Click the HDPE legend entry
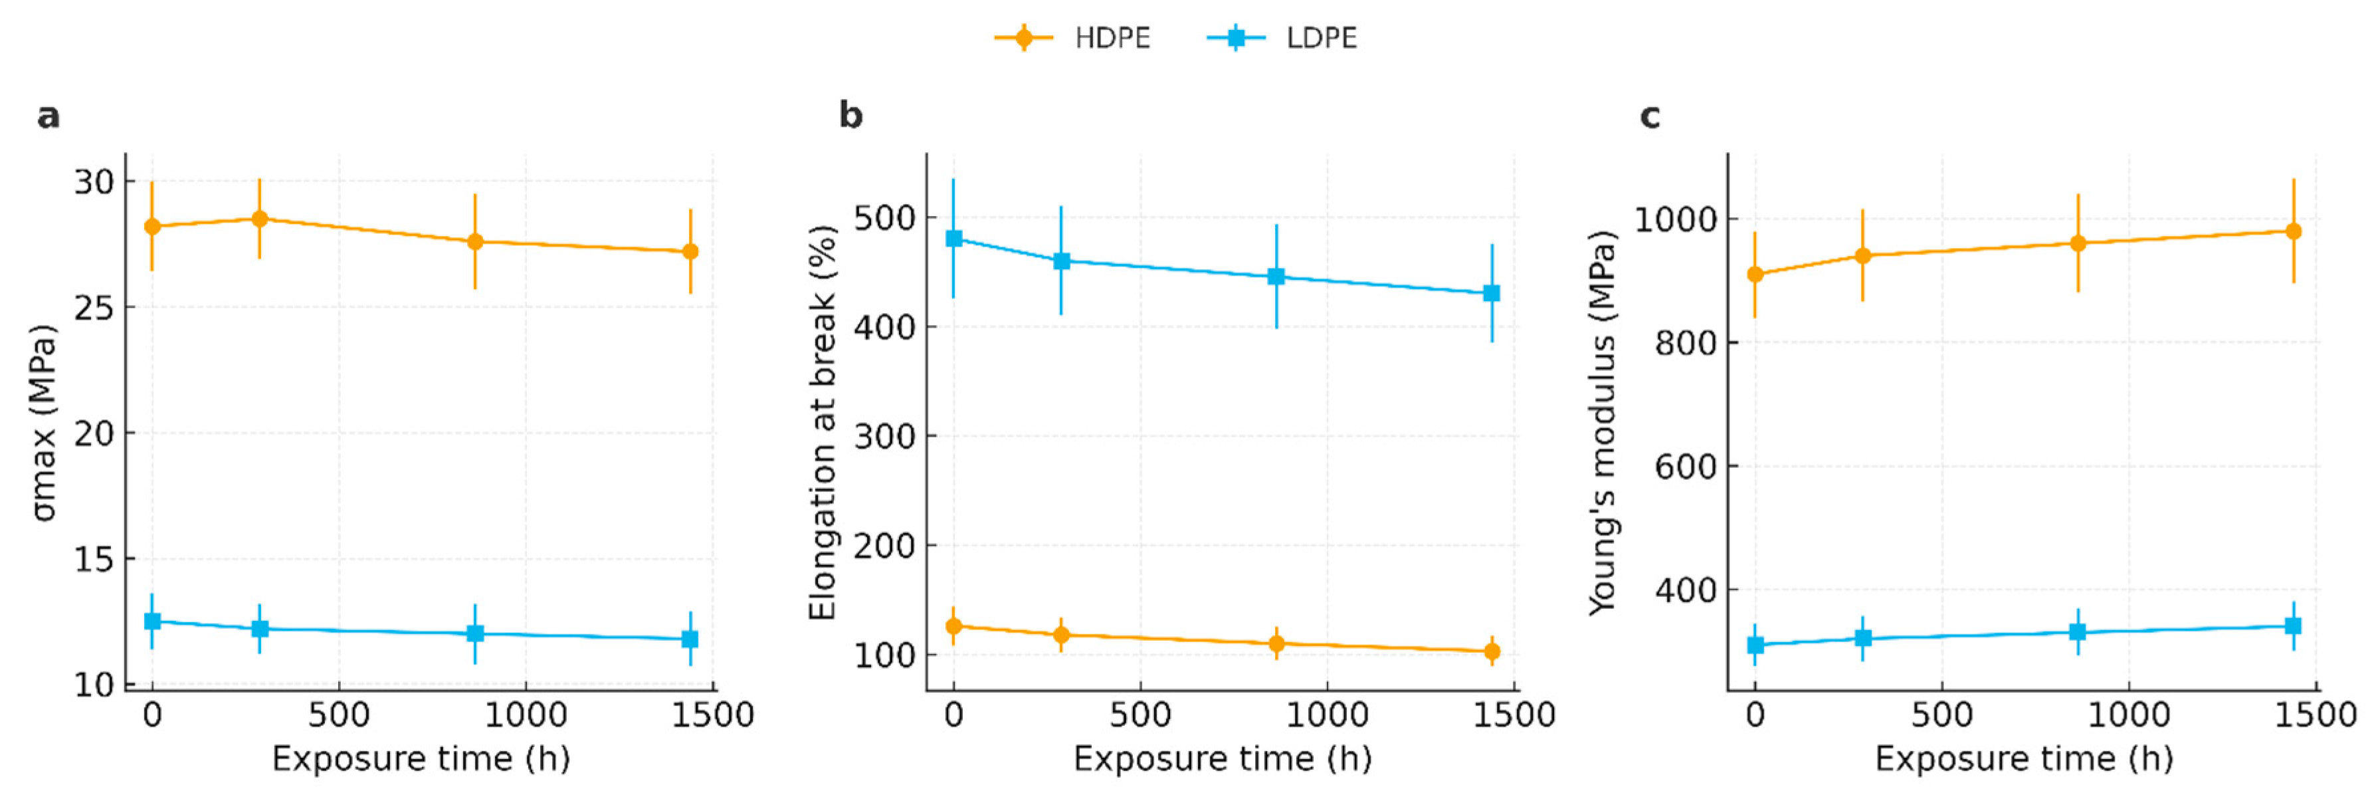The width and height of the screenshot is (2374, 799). click(1074, 38)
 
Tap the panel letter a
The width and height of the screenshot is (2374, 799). click(48, 116)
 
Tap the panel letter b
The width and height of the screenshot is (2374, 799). click(850, 116)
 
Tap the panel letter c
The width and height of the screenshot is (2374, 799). click(1650, 116)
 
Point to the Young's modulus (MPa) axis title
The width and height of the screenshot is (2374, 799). click(1602, 422)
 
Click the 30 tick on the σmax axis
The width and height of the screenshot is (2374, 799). click(95, 181)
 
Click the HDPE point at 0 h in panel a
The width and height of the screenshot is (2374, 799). click(153, 226)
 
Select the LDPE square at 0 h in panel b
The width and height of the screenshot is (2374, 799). click(954, 239)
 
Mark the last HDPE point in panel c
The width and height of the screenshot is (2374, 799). click(2294, 231)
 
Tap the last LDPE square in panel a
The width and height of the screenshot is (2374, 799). click(690, 639)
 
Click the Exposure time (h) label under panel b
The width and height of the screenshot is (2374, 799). click(1222, 758)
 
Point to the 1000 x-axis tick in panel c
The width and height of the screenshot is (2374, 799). click(2128, 715)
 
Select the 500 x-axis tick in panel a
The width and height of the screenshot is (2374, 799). click(339, 715)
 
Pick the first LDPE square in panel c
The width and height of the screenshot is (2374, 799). click(1755, 645)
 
